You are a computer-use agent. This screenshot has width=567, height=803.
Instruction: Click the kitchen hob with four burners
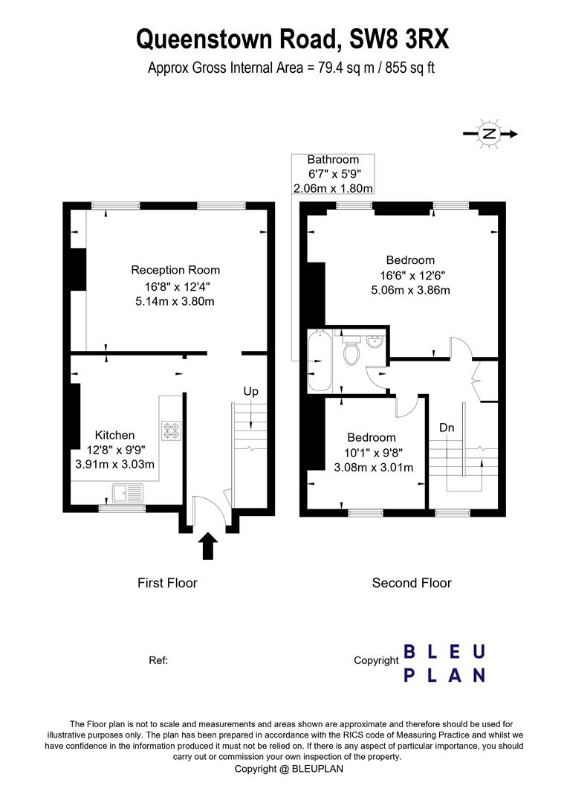172,430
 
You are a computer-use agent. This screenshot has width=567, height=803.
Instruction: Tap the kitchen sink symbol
129,493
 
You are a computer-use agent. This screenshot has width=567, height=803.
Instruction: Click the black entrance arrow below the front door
207,546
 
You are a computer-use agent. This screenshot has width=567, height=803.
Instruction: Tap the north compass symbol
490,134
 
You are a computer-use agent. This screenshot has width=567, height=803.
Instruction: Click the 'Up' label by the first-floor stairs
250,391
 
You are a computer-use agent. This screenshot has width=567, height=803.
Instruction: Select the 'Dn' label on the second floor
447,427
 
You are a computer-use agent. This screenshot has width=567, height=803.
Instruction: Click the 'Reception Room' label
175,270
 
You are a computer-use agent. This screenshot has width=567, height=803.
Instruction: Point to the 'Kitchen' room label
114,435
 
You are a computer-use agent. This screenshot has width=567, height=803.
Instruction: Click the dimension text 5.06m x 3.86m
410,291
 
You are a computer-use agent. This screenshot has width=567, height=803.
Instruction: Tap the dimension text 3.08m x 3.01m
374,468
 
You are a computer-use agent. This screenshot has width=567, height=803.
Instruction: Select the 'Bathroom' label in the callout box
333,159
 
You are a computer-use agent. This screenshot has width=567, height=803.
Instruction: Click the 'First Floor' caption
167,583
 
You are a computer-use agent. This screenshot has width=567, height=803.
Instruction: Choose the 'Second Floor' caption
412,583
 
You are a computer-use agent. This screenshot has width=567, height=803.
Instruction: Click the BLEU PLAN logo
444,664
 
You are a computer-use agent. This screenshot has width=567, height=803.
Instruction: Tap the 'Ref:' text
158,661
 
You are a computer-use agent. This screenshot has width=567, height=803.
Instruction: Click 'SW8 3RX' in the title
399,39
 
